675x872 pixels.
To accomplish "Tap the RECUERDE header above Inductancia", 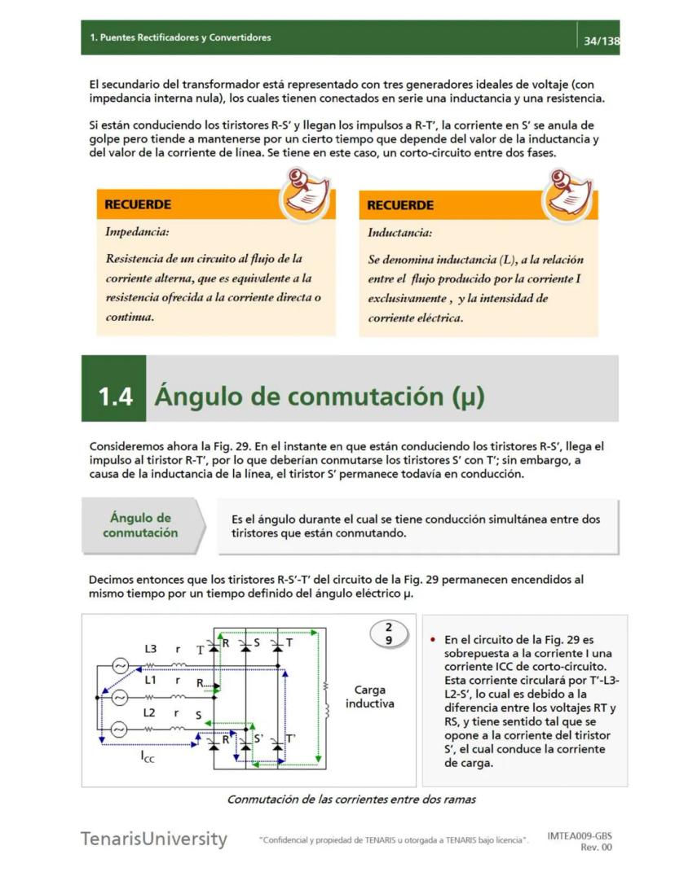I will click(x=400, y=205).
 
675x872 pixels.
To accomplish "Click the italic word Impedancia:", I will click(x=137, y=232).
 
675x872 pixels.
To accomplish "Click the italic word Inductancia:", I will click(x=399, y=233).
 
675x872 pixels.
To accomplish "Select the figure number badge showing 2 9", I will click(x=388, y=633).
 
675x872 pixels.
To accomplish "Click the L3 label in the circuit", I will click(x=151, y=649).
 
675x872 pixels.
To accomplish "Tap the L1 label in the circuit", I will click(x=151, y=679).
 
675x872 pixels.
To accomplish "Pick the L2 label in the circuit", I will click(x=151, y=712).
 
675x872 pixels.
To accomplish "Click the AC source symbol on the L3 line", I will click(x=119, y=666).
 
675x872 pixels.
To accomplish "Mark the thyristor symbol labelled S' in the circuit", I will click(x=246, y=741).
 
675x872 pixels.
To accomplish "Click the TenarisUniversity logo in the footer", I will click(x=153, y=839).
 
